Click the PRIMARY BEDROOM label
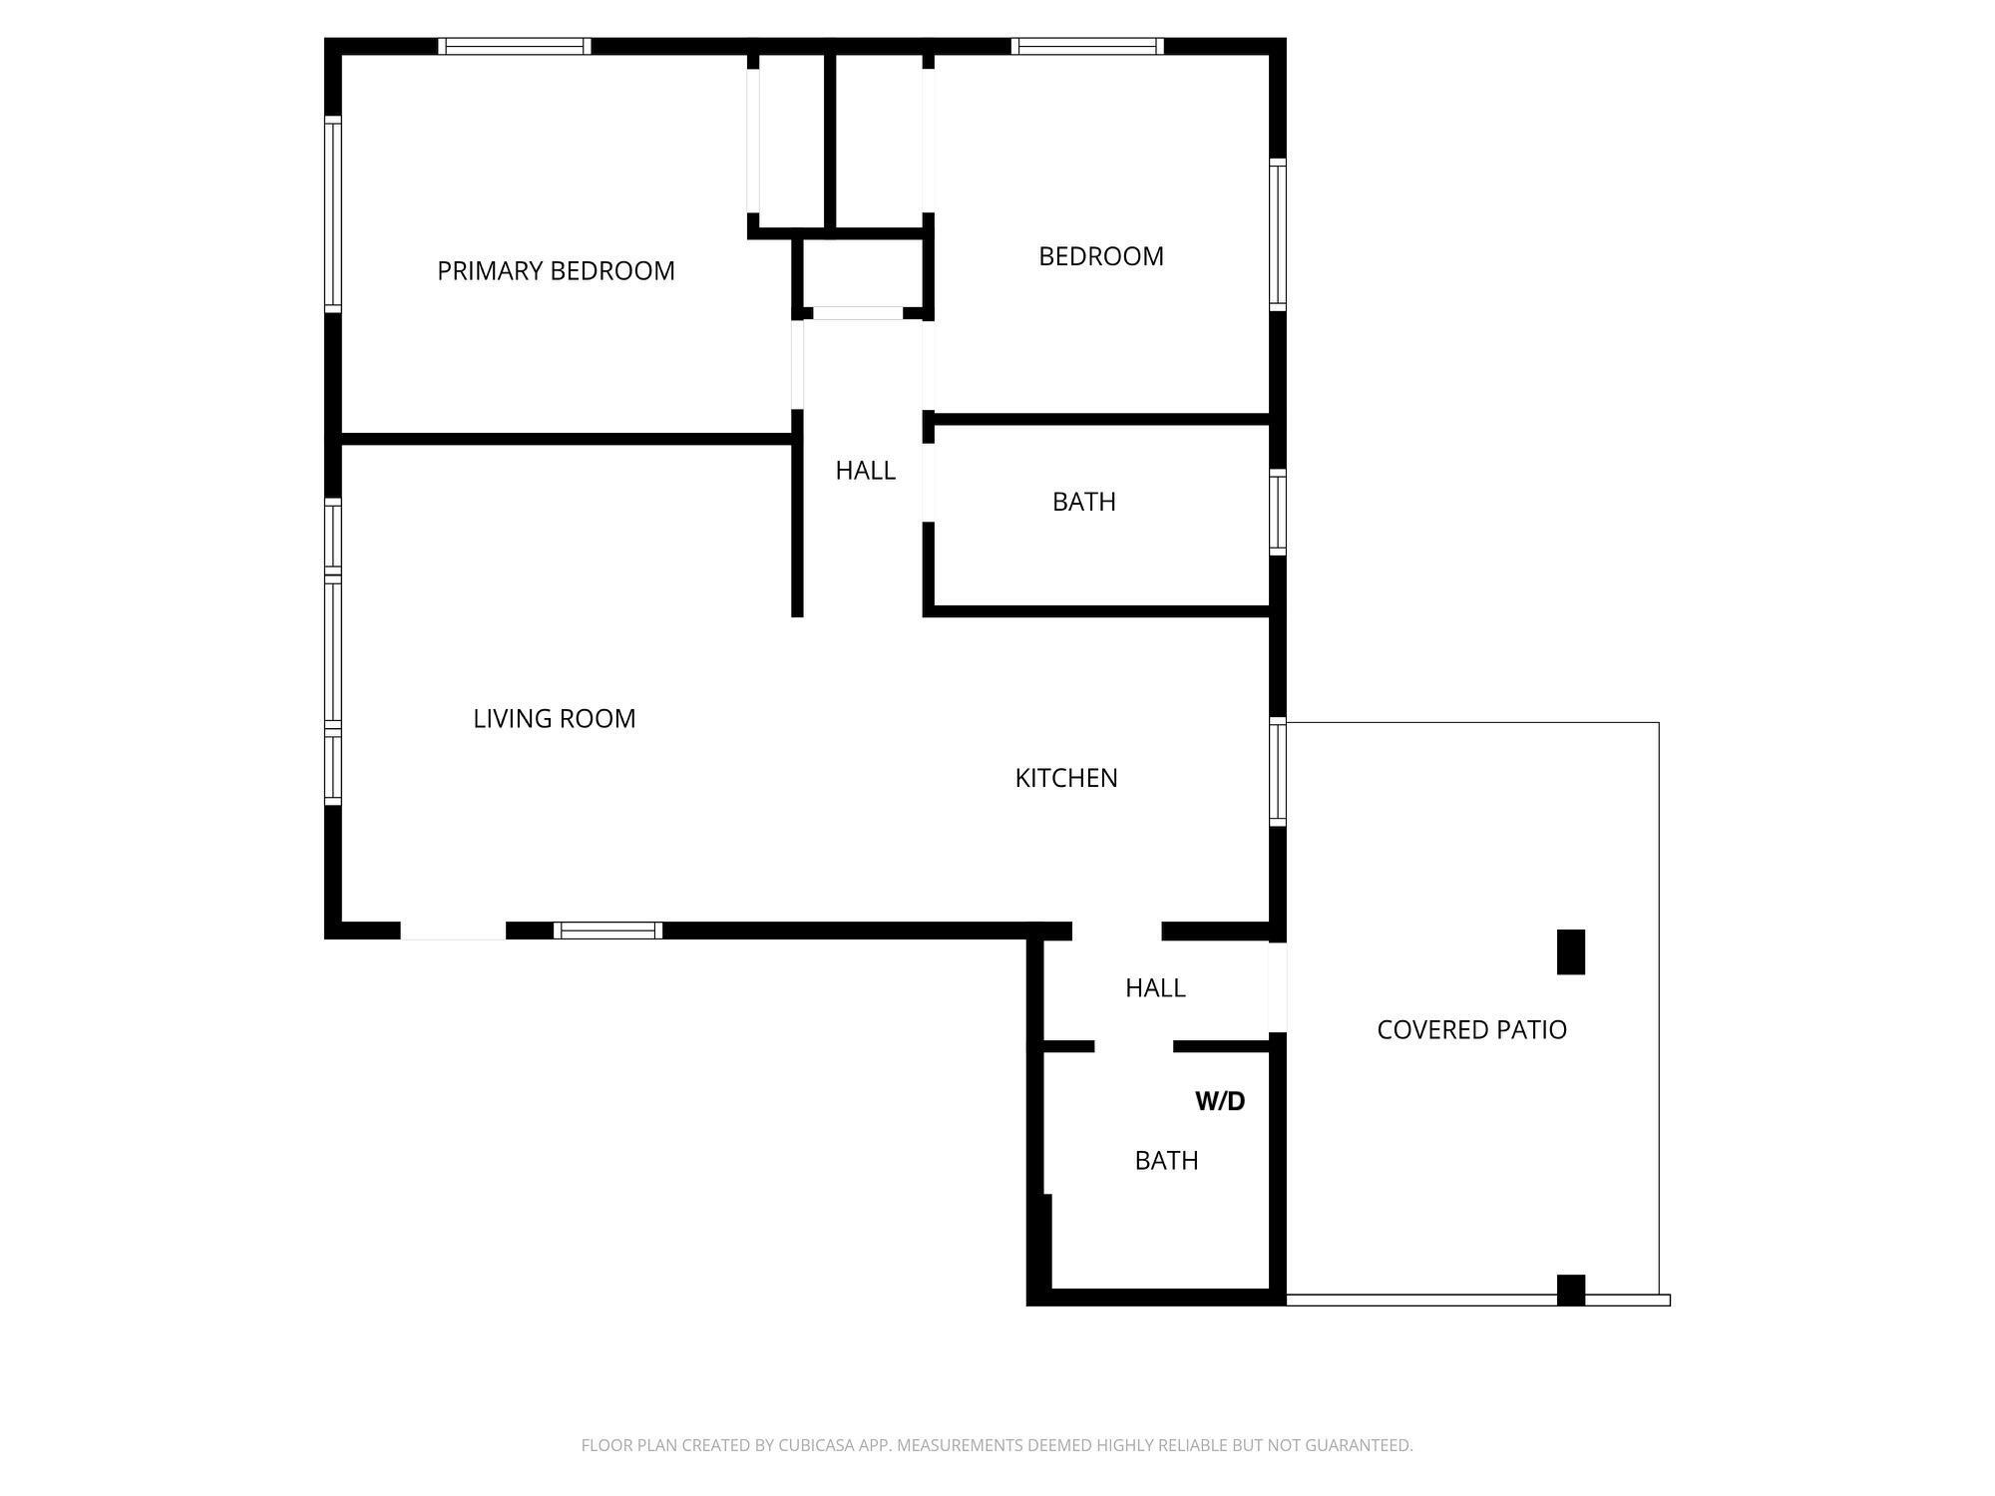coord(556,271)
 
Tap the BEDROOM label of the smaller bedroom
coord(1100,256)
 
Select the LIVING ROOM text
coord(554,718)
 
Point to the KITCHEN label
coord(1065,778)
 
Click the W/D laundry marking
coord(1220,1101)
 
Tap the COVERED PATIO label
coord(1471,1030)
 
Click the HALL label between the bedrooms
coord(865,470)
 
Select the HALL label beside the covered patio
coord(1155,987)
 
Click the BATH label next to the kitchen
coord(1083,501)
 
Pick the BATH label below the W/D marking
coord(1166,1160)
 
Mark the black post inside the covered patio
coord(1571,951)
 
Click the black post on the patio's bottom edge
coord(1571,1290)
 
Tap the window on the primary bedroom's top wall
coord(515,46)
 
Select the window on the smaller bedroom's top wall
coord(1087,46)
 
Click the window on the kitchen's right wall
coord(1277,772)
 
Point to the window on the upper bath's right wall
coord(1277,512)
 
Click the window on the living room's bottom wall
coord(608,931)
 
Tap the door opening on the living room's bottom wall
coord(453,931)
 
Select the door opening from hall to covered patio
coord(1277,987)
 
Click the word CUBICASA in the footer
coord(815,1445)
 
